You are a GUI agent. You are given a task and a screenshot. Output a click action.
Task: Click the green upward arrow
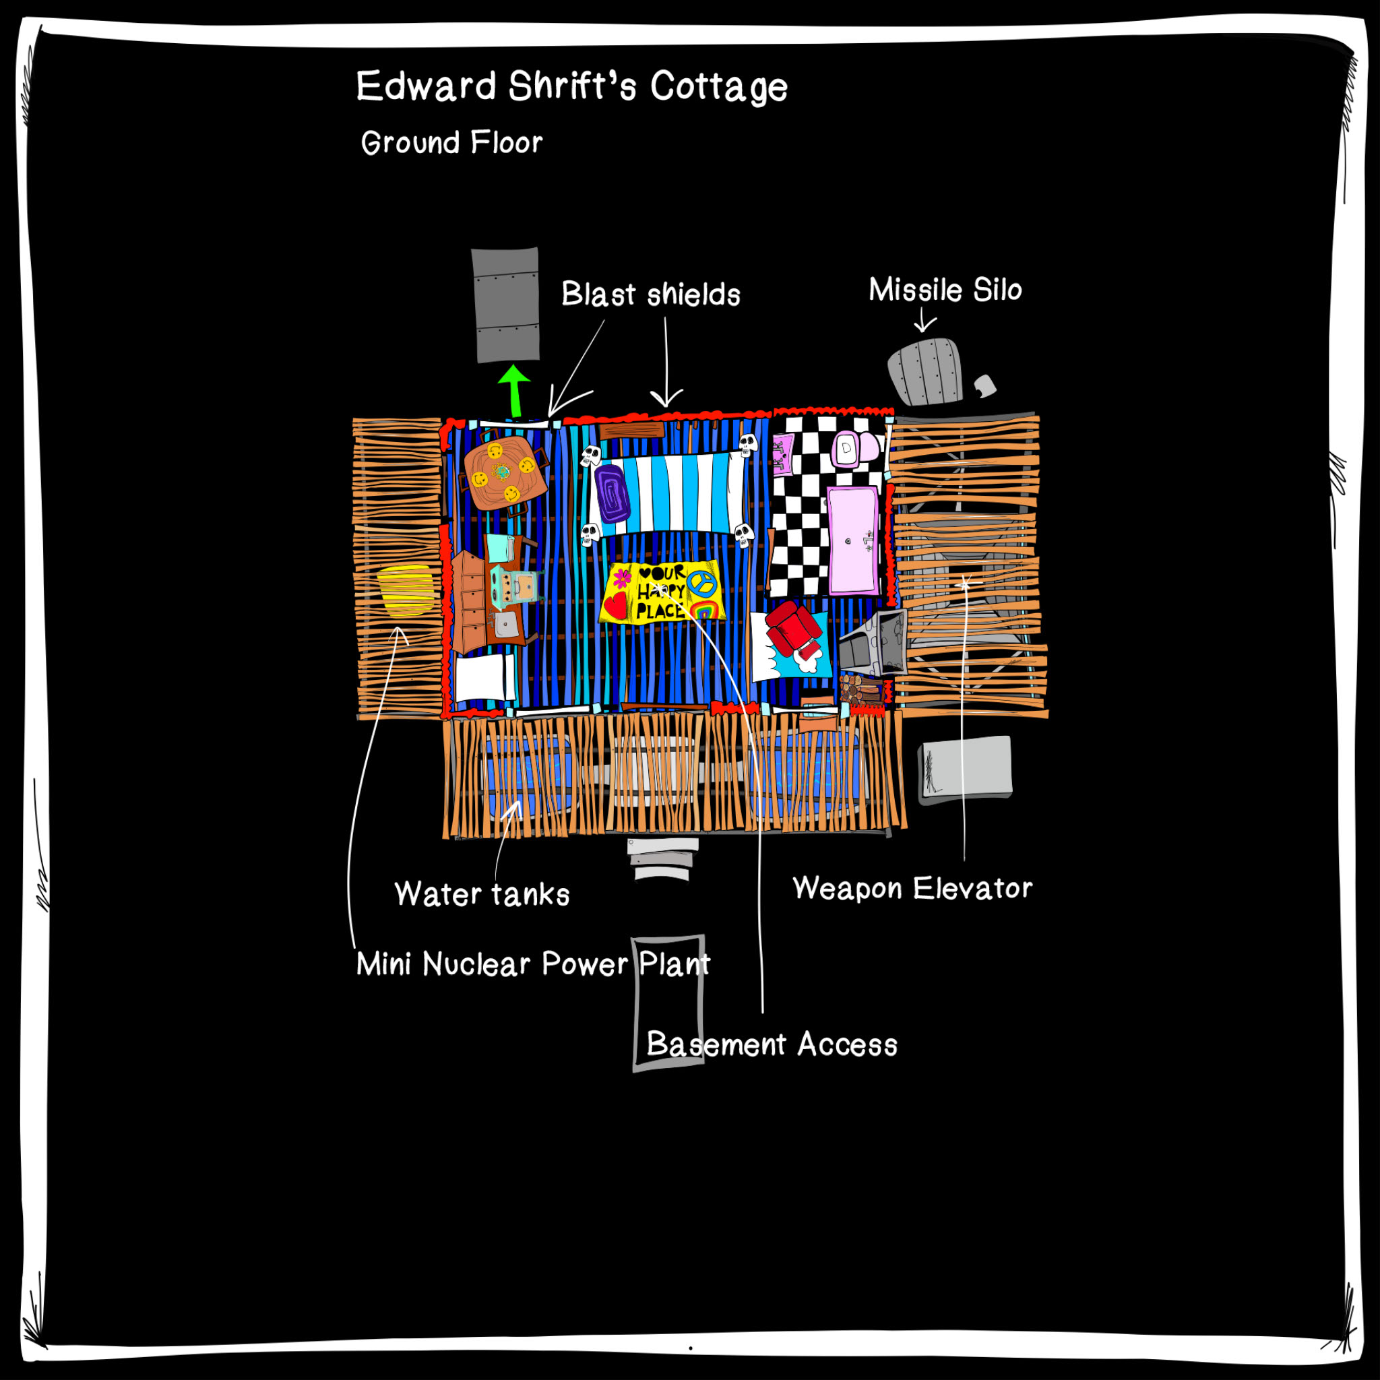(x=513, y=391)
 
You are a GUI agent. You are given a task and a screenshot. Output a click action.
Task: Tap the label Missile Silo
(x=945, y=290)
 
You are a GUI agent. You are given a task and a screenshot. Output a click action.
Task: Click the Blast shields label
(x=651, y=294)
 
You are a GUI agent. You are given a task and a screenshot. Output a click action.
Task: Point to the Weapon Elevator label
(x=913, y=889)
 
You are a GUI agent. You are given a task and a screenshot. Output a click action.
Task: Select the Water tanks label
(x=482, y=894)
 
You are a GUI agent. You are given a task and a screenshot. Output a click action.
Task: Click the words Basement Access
(x=772, y=1044)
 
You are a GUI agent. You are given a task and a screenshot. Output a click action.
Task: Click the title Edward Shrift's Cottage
(x=572, y=86)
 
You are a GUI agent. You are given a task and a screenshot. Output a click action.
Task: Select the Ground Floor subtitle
(x=452, y=143)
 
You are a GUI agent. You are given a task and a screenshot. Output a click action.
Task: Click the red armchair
(x=792, y=628)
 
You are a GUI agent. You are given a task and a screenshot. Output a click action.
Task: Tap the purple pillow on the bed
(x=612, y=493)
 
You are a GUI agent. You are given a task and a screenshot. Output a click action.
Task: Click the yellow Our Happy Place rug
(x=662, y=592)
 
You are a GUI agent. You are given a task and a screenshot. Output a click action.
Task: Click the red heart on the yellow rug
(x=615, y=606)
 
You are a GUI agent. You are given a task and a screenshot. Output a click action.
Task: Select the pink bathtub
(x=853, y=540)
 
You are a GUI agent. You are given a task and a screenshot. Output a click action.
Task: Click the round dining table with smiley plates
(x=505, y=472)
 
